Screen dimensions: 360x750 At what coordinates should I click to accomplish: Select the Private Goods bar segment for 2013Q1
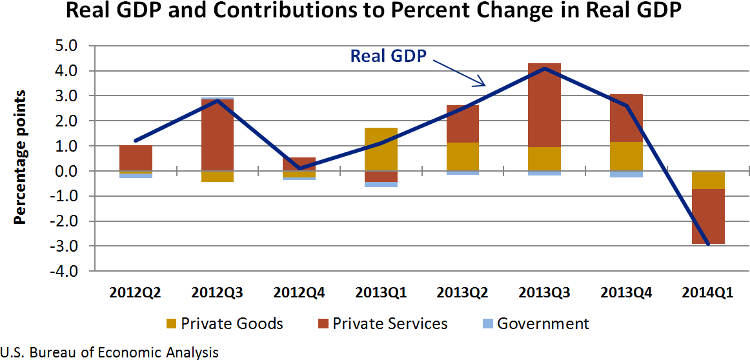click(x=381, y=149)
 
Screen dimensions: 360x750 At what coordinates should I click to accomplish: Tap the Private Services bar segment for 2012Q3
click(x=218, y=135)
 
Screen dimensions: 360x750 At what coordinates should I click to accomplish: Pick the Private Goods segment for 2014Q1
click(x=708, y=180)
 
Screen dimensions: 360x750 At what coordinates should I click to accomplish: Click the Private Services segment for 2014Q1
click(x=708, y=216)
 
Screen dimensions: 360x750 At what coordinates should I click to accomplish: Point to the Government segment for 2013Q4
click(x=626, y=174)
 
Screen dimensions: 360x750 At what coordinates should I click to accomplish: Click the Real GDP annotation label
click(x=388, y=55)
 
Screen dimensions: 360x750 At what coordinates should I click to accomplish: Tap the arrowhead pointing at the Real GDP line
click(x=480, y=83)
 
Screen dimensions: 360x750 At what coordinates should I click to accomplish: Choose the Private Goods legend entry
click(x=225, y=323)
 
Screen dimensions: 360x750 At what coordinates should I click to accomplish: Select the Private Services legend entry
click(x=383, y=323)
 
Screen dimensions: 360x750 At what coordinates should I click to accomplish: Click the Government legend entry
click(x=535, y=323)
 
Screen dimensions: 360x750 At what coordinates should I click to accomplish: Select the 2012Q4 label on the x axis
click(x=299, y=293)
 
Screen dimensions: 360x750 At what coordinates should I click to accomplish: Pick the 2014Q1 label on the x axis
click(x=708, y=293)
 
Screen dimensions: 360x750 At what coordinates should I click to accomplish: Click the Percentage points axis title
click(x=21, y=157)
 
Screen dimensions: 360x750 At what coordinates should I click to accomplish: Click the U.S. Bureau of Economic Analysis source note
click(x=110, y=352)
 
